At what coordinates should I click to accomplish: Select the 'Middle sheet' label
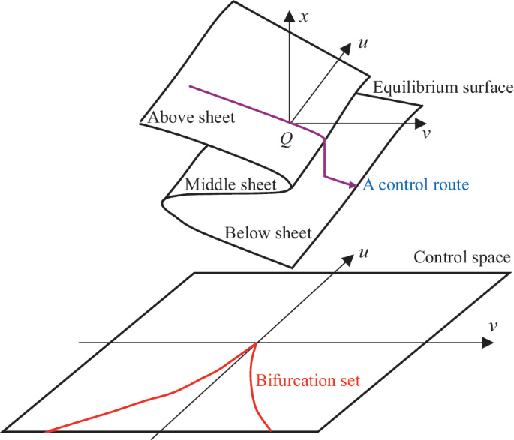(x=229, y=184)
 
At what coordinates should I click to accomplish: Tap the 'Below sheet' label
(x=268, y=233)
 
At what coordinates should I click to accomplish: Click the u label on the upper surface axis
(x=364, y=44)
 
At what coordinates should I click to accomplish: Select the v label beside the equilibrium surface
(x=426, y=135)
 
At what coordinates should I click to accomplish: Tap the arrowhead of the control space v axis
(x=488, y=344)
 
